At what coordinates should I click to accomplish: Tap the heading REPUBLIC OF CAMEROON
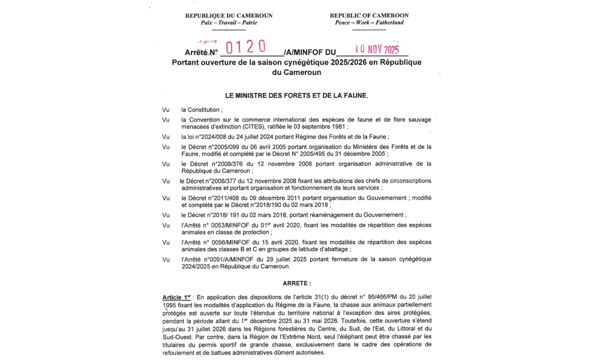pyautogui.click(x=370, y=15)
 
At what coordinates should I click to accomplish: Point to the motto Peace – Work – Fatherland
pyautogui.click(x=370, y=23)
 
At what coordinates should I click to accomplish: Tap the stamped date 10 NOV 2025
pyautogui.click(x=373, y=50)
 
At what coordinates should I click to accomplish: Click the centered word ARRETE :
pyautogui.click(x=297, y=282)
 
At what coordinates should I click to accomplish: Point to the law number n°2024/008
pyautogui.click(x=219, y=137)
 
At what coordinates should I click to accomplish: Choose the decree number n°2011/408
pyautogui.click(x=229, y=197)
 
